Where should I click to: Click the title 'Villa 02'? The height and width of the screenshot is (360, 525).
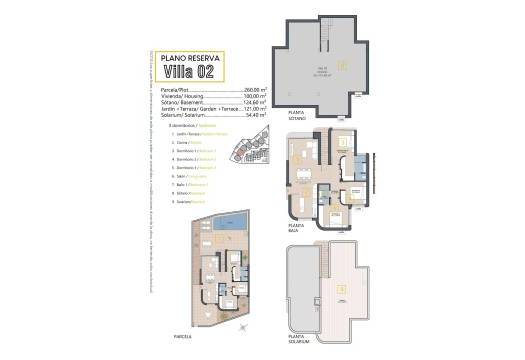[185, 69]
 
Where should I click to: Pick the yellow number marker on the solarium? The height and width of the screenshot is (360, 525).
[342, 290]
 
